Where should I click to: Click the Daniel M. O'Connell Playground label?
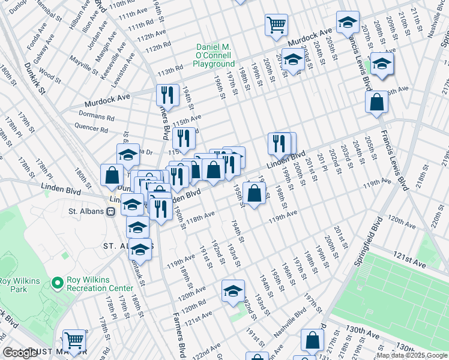pos(214,56)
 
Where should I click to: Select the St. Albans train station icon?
pos(110,211)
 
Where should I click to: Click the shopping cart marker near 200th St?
pos(277,25)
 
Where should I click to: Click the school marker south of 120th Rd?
pos(233,291)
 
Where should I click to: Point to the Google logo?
pos(20,353)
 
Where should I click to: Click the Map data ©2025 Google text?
pos(411,355)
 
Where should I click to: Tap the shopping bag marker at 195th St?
pos(255,193)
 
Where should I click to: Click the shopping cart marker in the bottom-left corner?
pos(74,340)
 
